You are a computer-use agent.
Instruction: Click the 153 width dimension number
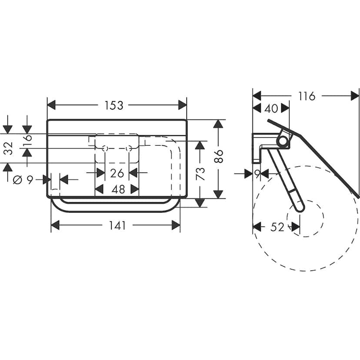tap(114, 105)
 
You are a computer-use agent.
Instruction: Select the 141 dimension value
tap(117, 226)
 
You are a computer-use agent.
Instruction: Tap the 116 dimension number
tap(307, 96)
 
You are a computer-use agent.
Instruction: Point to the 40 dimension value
tap(271, 108)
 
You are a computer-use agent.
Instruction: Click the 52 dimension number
tap(277, 227)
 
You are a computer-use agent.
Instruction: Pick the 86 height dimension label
tap(219, 156)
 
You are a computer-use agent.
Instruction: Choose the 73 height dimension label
tap(200, 173)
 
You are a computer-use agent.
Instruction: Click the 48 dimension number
tap(118, 190)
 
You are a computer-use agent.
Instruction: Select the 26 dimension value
tap(117, 173)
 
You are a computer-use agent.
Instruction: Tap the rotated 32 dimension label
tap(9, 148)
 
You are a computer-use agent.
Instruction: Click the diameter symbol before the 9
tap(17, 180)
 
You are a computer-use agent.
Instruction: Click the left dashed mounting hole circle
tap(105, 149)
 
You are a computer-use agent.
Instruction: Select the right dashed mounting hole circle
tap(129, 149)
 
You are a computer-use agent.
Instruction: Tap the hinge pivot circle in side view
tap(283, 140)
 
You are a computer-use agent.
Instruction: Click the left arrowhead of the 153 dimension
tap(51, 105)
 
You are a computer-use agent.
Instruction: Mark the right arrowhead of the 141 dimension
tap(176, 225)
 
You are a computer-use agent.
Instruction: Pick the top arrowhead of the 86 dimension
tap(218, 124)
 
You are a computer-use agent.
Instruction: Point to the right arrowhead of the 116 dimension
tap(355, 96)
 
